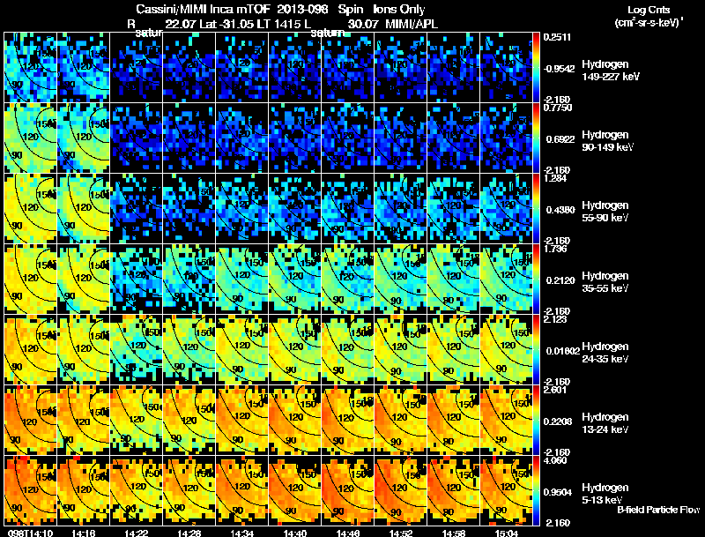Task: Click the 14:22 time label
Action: click(136, 533)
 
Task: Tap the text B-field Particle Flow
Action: click(658, 511)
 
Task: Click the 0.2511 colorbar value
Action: click(558, 37)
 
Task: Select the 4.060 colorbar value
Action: click(556, 460)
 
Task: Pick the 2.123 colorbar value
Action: click(556, 320)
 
